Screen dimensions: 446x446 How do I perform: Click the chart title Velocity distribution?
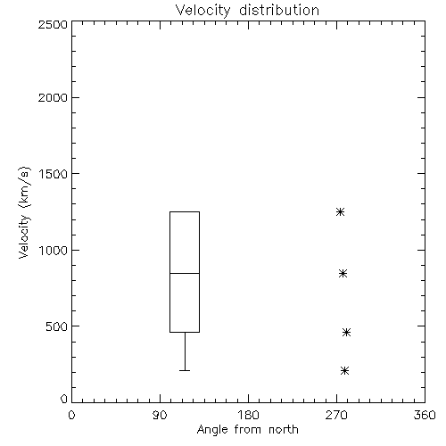point(247,11)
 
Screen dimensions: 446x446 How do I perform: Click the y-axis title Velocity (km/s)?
point(24,212)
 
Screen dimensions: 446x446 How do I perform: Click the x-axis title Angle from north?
point(247,430)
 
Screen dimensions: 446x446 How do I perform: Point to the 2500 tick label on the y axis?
point(53,24)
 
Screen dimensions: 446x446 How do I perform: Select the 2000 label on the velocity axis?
point(53,97)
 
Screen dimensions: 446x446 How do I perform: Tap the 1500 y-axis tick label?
point(54,174)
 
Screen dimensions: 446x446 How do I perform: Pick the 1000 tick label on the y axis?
point(54,251)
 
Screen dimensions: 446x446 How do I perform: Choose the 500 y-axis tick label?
point(57,326)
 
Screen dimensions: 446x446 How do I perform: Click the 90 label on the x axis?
point(160,415)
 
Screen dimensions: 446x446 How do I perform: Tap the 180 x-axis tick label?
point(248,415)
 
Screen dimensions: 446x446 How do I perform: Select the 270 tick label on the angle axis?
point(336,415)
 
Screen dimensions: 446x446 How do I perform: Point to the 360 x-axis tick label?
point(425,415)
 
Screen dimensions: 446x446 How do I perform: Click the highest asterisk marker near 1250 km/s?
point(340,212)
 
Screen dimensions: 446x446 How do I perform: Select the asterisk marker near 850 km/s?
point(343,274)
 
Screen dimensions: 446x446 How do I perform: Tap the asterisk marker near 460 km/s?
point(346,332)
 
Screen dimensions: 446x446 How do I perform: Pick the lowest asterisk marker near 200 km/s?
point(344,371)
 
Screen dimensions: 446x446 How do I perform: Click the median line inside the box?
point(185,273)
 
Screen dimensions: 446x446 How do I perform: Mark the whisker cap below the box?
point(185,371)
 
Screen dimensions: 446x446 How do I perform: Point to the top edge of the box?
point(185,211)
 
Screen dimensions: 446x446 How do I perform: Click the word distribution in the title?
point(279,11)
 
